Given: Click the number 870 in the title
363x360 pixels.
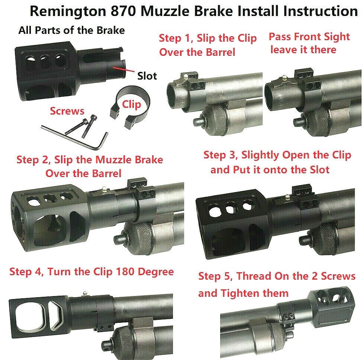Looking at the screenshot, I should [x=113, y=11].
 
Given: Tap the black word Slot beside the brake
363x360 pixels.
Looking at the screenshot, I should [x=147, y=76].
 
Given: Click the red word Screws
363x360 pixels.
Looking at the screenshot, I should [x=67, y=111].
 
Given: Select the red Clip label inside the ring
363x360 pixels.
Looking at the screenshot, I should [x=131, y=104].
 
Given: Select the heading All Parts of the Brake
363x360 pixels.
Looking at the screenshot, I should [x=71, y=30].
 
